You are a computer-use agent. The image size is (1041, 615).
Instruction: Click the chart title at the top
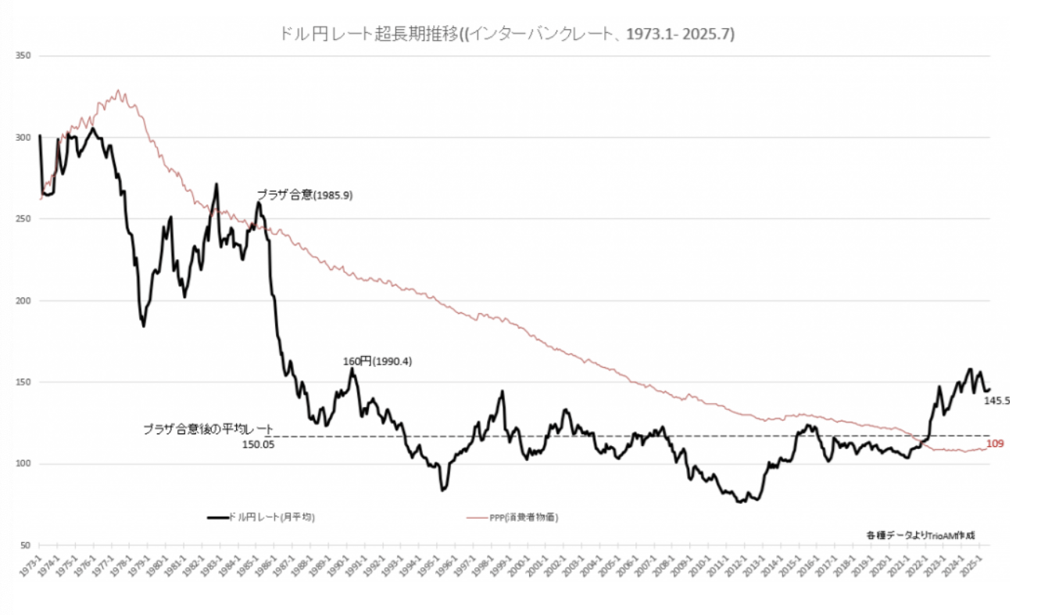(x=506, y=34)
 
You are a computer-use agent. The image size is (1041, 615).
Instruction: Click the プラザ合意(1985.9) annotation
(x=305, y=196)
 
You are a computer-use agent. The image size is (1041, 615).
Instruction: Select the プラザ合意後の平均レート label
(x=208, y=430)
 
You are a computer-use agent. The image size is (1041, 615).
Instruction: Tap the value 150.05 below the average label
(x=258, y=444)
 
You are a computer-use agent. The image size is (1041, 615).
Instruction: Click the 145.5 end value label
(x=997, y=400)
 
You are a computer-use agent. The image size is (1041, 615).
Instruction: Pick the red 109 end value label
(x=994, y=444)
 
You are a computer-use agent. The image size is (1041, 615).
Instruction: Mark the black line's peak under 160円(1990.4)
(x=352, y=369)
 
